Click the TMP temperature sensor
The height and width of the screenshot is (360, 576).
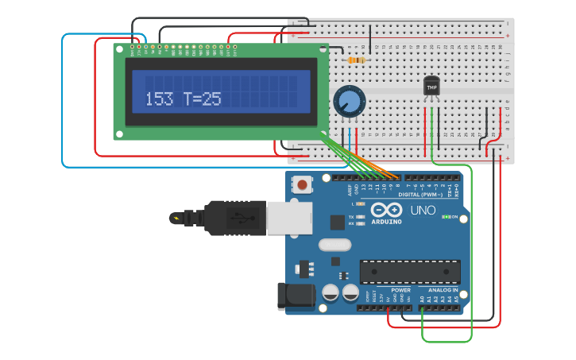click(x=431, y=85)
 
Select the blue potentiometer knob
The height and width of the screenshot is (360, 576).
click(x=348, y=102)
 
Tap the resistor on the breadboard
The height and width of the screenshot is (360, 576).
click(x=357, y=60)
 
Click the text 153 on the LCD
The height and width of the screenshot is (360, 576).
click(x=159, y=99)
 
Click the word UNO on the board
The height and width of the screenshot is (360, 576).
click(x=422, y=211)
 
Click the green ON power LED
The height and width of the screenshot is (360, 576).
click(x=446, y=217)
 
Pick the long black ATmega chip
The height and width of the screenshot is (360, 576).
click(x=409, y=272)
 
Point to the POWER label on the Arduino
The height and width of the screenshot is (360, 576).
click(x=400, y=290)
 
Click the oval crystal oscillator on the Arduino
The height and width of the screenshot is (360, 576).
click(x=333, y=245)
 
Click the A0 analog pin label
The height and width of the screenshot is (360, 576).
click(x=422, y=300)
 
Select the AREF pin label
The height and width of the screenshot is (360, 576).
click(x=350, y=189)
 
